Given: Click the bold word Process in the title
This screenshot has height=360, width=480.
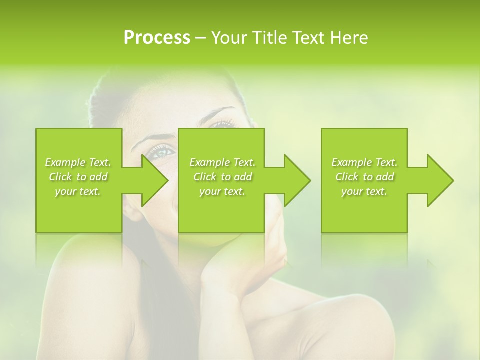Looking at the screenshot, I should (157, 38).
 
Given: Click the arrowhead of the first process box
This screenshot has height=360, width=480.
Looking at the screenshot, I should (154, 180).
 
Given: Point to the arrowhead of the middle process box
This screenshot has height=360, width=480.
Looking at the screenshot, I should (297, 180).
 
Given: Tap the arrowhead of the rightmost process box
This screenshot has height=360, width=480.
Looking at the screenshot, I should (440, 180).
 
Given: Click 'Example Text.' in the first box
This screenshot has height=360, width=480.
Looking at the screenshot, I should (78, 162).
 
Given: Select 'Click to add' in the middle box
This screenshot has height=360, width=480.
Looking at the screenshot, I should (222, 177).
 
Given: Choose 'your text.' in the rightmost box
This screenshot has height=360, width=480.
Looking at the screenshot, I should (364, 191).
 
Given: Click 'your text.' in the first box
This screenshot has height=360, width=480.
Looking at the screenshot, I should (78, 191).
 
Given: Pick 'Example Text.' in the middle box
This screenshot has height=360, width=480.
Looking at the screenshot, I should (222, 162).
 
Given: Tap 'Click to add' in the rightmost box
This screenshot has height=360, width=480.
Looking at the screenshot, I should (364, 177).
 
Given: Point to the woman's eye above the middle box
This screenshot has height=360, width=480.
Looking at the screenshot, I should (222, 123).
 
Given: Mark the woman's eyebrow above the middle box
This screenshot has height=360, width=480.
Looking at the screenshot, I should (220, 111).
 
